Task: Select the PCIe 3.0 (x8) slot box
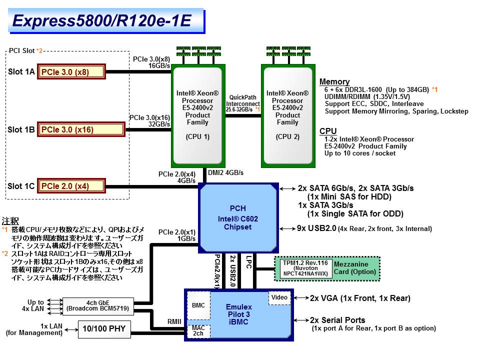pos(71,72)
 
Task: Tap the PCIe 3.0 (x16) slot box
pos(80,130)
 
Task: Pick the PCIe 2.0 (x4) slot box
pos(71,186)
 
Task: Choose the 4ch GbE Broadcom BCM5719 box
pos(98,305)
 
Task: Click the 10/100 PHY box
pos(104,328)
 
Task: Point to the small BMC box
pos(198,305)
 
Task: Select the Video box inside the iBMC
pos(279,298)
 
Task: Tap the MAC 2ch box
pos(198,330)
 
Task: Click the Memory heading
pos(334,82)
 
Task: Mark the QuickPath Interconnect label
pos(243,103)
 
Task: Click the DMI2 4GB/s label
pos(225,173)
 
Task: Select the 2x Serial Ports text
pos(337,320)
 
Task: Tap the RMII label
pos(174,322)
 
